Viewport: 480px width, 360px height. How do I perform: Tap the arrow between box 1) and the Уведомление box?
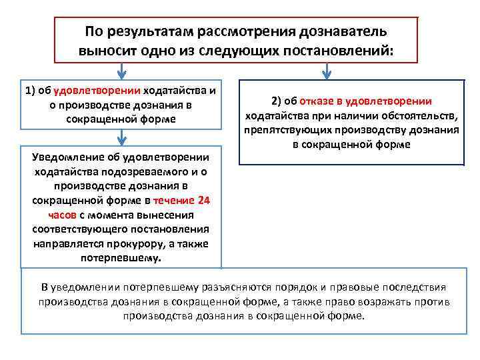[122, 137]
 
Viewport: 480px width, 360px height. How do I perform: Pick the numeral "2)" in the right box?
[278, 101]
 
